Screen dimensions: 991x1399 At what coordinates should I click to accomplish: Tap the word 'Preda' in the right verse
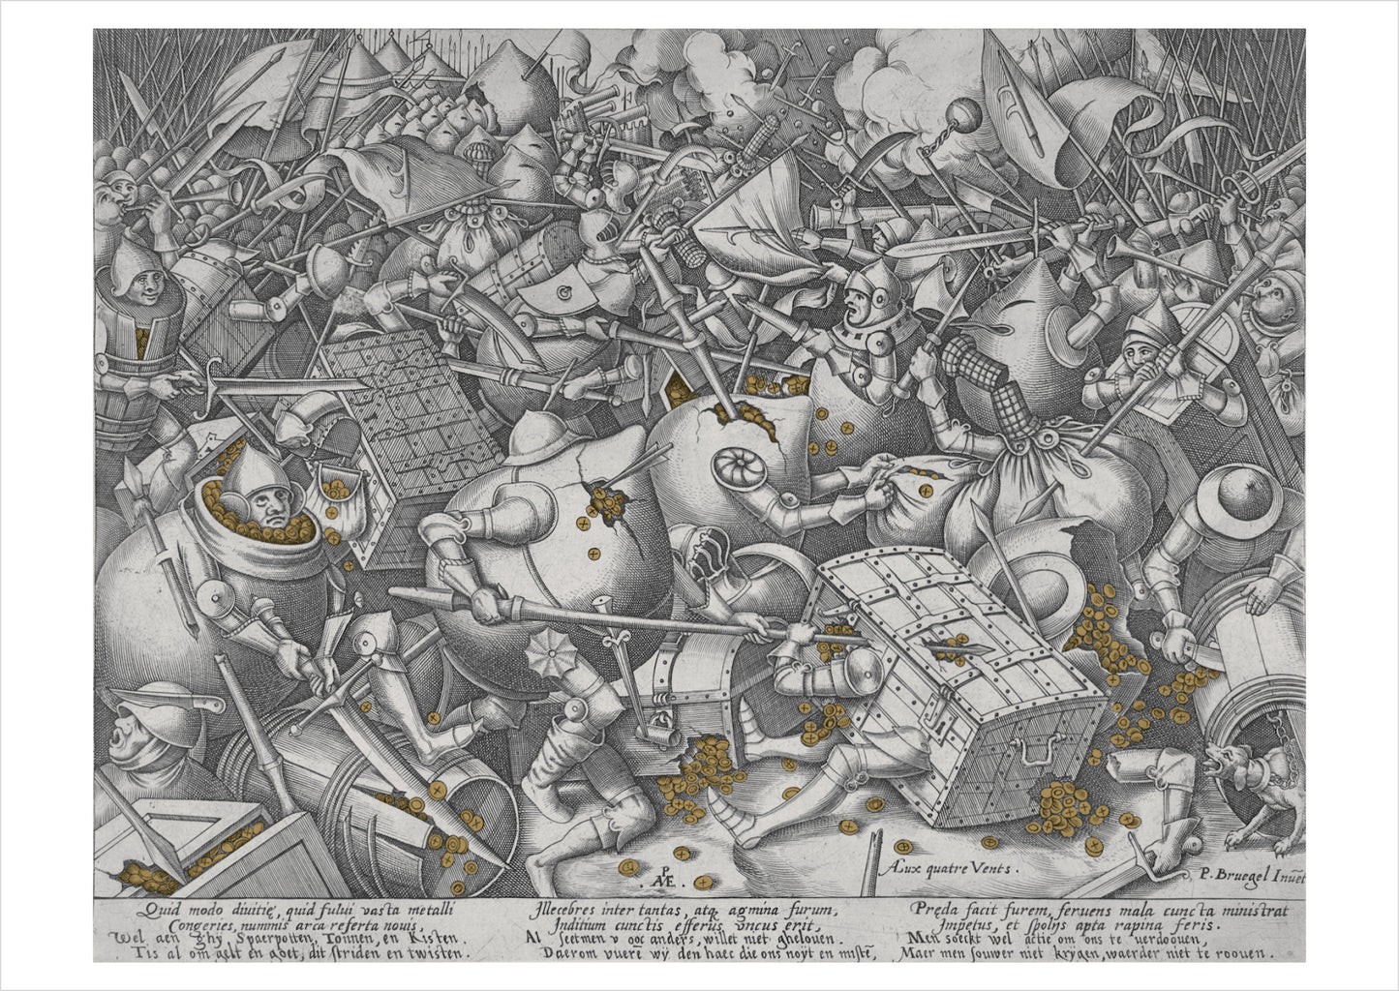[931, 909]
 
